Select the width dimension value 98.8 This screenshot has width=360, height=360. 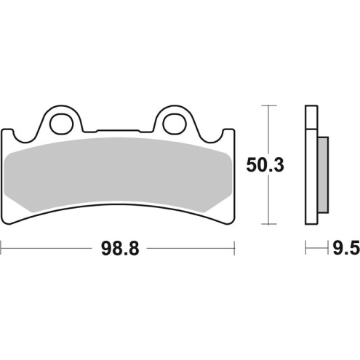[117, 249]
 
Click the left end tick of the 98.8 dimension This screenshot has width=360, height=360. [1, 249]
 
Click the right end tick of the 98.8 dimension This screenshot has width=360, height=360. [234, 249]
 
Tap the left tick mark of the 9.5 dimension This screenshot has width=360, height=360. [305, 249]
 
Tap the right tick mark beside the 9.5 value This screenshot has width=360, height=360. [324, 249]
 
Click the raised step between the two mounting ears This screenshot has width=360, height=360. [116, 133]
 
